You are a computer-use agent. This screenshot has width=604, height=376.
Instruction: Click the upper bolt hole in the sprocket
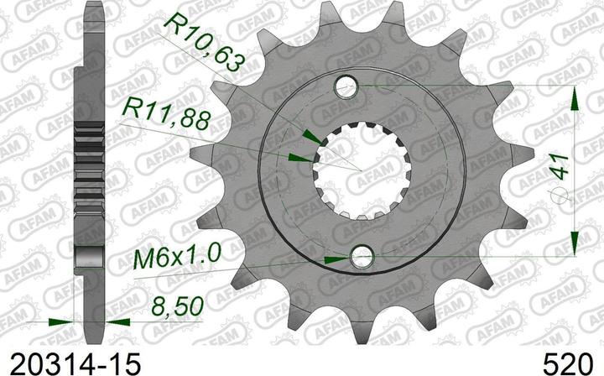pos(346,86)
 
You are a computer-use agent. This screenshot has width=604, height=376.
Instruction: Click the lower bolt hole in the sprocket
pos(363,255)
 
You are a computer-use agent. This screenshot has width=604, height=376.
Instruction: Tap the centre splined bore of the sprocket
pos(355,170)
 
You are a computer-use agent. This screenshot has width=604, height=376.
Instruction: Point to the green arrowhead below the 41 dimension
pos(575,242)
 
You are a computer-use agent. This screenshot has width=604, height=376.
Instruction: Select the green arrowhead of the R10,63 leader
pos(310,137)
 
